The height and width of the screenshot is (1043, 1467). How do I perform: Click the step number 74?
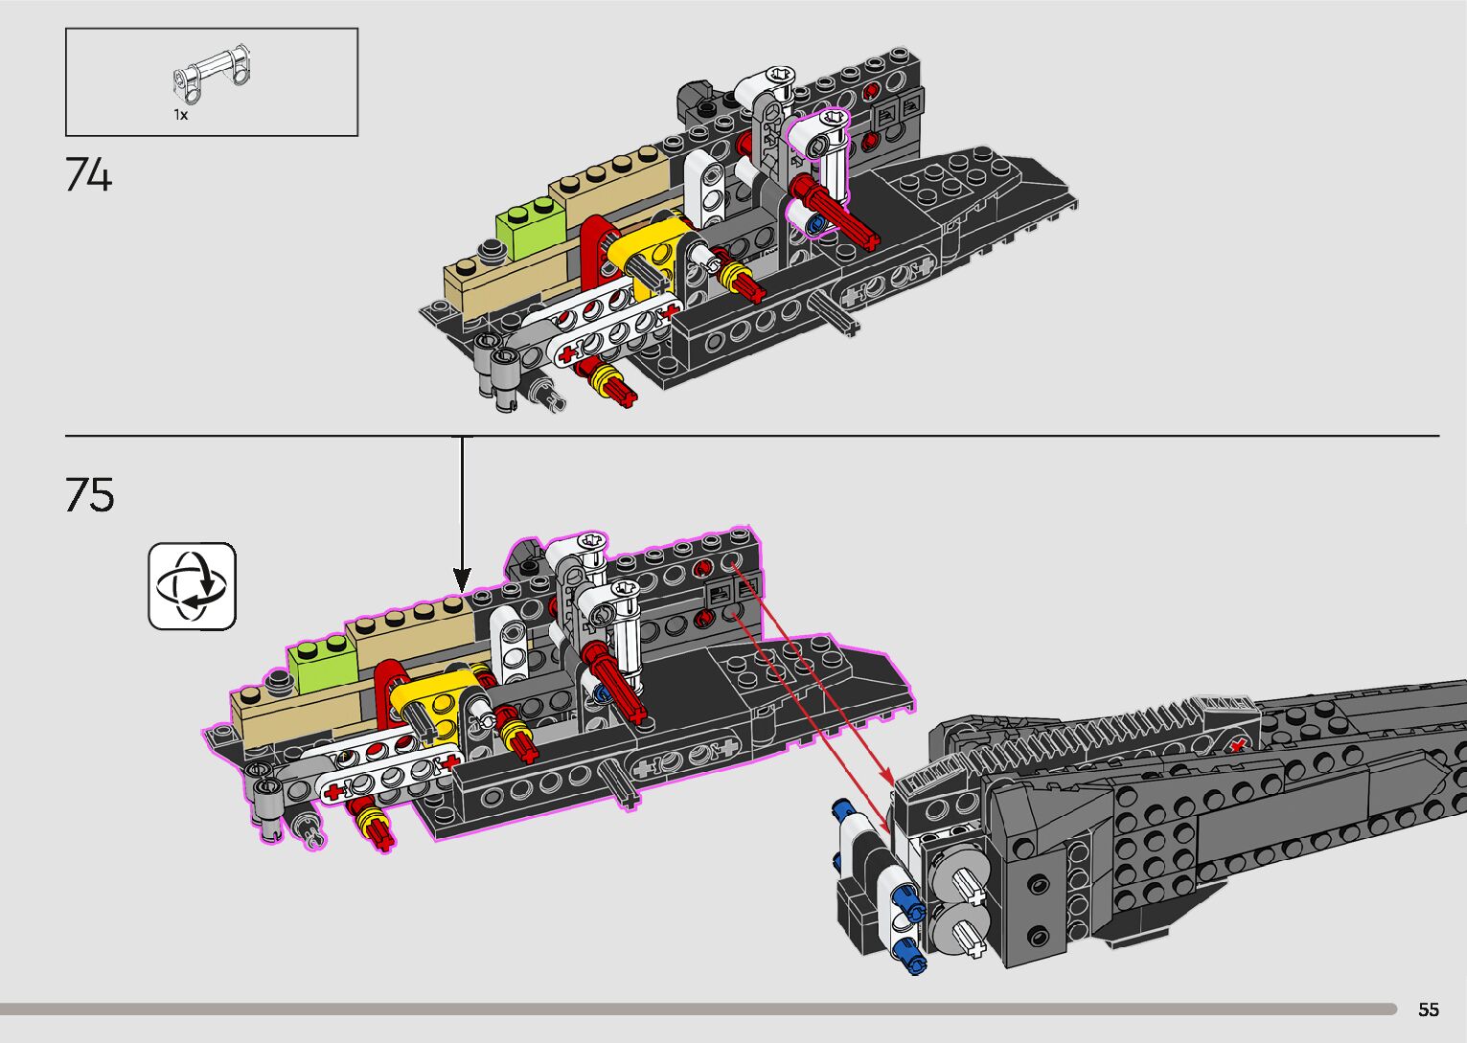pyautogui.click(x=89, y=175)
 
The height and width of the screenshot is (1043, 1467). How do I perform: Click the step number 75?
pyautogui.click(x=90, y=495)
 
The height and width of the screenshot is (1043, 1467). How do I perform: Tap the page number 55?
pyautogui.click(x=1429, y=1009)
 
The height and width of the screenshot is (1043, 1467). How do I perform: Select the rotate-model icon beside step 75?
pyautogui.click(x=192, y=586)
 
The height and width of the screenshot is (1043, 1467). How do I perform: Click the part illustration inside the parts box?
pyautogui.click(x=212, y=75)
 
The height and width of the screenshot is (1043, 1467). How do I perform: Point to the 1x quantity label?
pyautogui.click(x=180, y=115)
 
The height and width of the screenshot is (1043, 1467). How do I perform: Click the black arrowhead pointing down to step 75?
pyautogui.click(x=462, y=579)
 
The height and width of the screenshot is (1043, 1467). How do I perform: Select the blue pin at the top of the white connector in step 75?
pyautogui.click(x=846, y=811)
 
